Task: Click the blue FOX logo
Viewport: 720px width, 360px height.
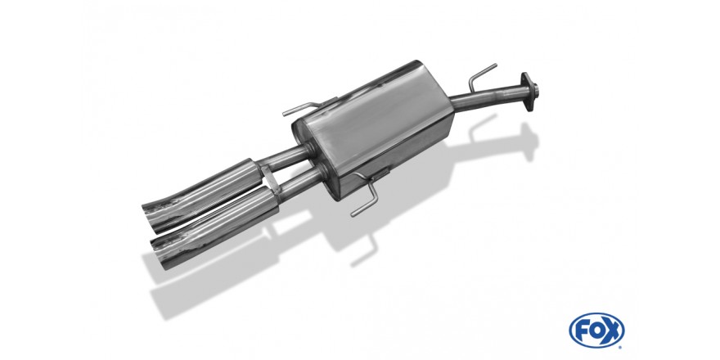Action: tap(596, 331)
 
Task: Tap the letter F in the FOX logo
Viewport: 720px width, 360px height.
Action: tap(582, 331)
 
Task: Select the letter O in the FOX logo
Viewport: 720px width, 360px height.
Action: tap(596, 331)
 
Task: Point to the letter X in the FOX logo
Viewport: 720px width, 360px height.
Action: tap(612, 331)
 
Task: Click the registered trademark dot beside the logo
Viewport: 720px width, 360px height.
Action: tap(621, 347)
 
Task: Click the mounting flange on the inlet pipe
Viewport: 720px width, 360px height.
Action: tap(529, 92)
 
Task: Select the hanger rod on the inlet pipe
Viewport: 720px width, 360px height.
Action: tap(481, 76)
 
